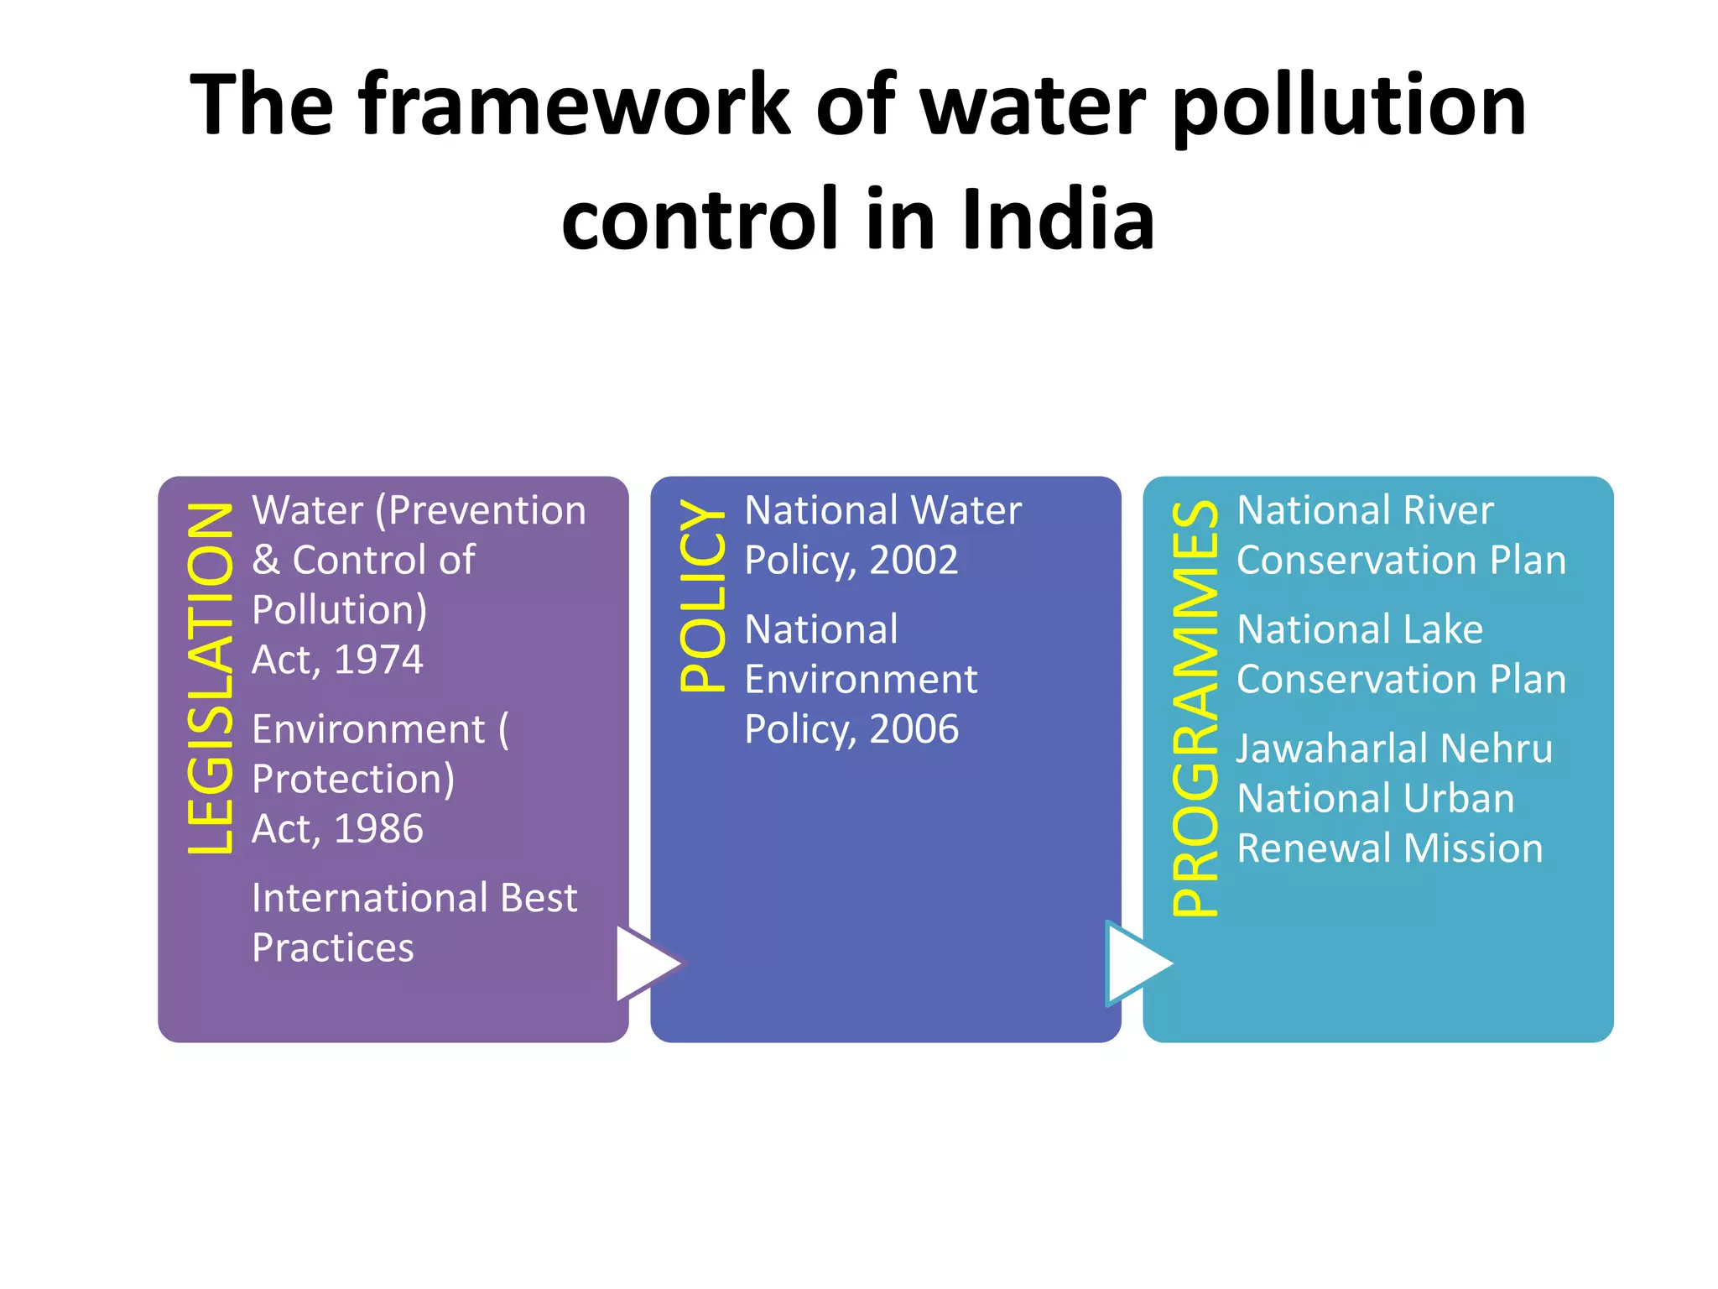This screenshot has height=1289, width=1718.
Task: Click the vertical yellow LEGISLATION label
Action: [x=210, y=678]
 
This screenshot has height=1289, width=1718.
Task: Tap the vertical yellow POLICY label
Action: [x=702, y=595]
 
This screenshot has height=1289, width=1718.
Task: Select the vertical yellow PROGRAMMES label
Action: [x=1195, y=707]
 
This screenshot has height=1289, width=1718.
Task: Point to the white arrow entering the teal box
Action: [x=1138, y=963]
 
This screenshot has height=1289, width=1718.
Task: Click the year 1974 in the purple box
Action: [x=378, y=660]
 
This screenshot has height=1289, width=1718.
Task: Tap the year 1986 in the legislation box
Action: [x=378, y=829]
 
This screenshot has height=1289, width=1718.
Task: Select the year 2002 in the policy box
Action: [x=914, y=560]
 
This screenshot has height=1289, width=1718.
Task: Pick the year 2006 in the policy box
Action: [x=914, y=729]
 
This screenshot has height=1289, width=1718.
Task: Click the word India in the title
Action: [x=1058, y=220]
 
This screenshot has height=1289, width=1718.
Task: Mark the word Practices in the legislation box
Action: [x=333, y=948]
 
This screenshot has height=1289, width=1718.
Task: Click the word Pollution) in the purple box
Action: [x=339, y=610]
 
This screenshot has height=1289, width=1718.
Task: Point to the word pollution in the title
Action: [x=1349, y=106]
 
